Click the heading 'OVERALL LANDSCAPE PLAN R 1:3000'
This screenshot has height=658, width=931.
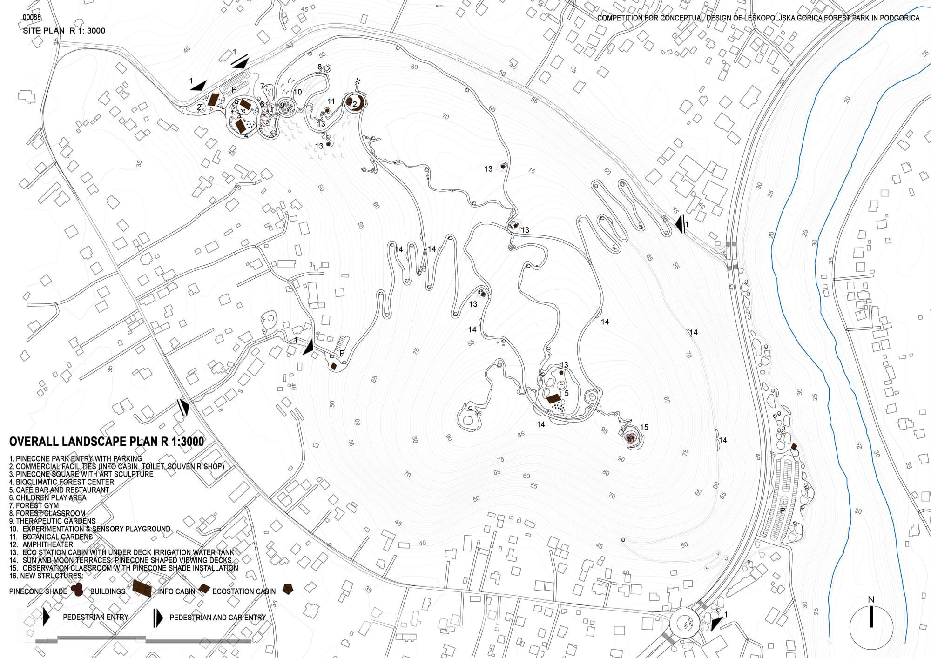107,442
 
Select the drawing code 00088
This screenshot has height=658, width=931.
32,18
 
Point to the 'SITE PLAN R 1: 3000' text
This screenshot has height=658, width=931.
64,31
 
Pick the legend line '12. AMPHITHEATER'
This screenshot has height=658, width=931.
41,544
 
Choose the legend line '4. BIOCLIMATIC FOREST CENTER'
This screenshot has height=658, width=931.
61,482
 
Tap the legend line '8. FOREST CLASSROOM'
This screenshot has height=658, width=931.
47,513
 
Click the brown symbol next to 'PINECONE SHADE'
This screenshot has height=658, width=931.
77,590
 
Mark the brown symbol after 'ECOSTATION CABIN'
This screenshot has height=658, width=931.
288,589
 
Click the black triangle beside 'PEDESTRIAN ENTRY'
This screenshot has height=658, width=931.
46,617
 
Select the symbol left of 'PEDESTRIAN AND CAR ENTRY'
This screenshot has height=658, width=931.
158,618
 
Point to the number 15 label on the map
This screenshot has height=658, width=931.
644,427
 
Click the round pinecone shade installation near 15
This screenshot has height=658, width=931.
630,437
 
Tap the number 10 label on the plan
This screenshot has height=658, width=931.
297,92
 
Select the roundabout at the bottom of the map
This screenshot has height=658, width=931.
684,623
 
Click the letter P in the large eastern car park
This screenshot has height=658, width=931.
783,510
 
